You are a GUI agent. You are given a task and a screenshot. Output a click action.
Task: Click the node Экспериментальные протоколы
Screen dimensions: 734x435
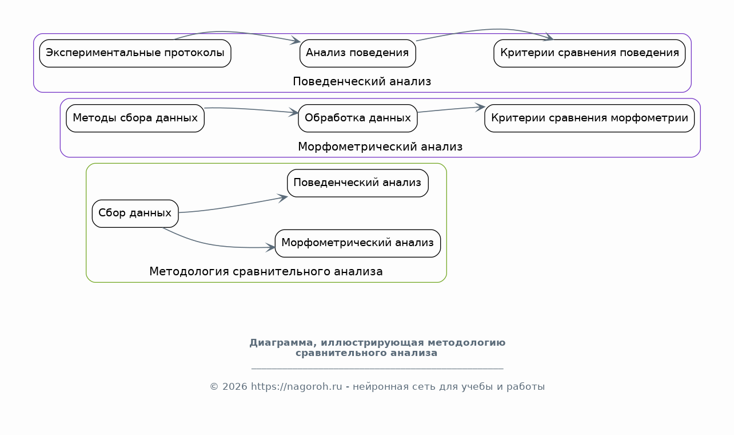click(x=135, y=53)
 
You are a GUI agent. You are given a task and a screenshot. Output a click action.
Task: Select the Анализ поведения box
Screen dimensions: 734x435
click(x=357, y=53)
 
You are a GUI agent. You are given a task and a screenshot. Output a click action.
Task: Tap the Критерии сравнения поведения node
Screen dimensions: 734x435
click(x=589, y=53)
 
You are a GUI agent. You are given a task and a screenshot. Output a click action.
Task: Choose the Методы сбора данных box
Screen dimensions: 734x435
click(x=135, y=118)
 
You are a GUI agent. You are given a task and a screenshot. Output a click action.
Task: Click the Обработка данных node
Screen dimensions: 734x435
click(x=357, y=118)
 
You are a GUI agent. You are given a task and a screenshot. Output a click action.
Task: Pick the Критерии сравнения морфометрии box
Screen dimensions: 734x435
click(x=589, y=118)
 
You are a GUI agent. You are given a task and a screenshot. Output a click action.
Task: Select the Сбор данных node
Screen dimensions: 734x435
click(x=135, y=213)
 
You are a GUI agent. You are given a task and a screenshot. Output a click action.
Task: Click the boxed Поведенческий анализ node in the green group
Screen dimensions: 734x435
click(x=357, y=183)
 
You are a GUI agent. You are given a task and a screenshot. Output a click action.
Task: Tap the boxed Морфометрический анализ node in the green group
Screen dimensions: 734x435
click(x=357, y=243)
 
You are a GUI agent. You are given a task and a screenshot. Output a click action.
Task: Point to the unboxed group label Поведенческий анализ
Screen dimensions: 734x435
click(x=362, y=82)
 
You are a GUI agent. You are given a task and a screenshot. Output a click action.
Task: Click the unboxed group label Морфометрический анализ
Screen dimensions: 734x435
click(x=380, y=147)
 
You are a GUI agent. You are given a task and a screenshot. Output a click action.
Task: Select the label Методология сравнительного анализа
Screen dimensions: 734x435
click(x=266, y=272)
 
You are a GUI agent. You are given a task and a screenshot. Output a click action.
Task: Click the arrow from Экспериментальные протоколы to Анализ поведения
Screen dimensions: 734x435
click(x=236, y=33)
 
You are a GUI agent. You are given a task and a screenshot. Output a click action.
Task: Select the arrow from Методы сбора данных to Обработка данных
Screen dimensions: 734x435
click(x=252, y=109)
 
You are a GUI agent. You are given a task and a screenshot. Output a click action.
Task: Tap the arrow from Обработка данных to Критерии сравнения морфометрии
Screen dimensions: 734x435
click(x=451, y=109)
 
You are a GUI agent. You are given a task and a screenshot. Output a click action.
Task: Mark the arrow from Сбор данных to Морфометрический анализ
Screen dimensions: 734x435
click(x=213, y=244)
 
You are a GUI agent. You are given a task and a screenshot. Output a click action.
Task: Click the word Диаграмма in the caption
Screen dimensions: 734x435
click(x=284, y=343)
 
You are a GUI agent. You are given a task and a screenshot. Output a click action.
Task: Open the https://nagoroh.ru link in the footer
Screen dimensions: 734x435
click(x=296, y=387)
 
